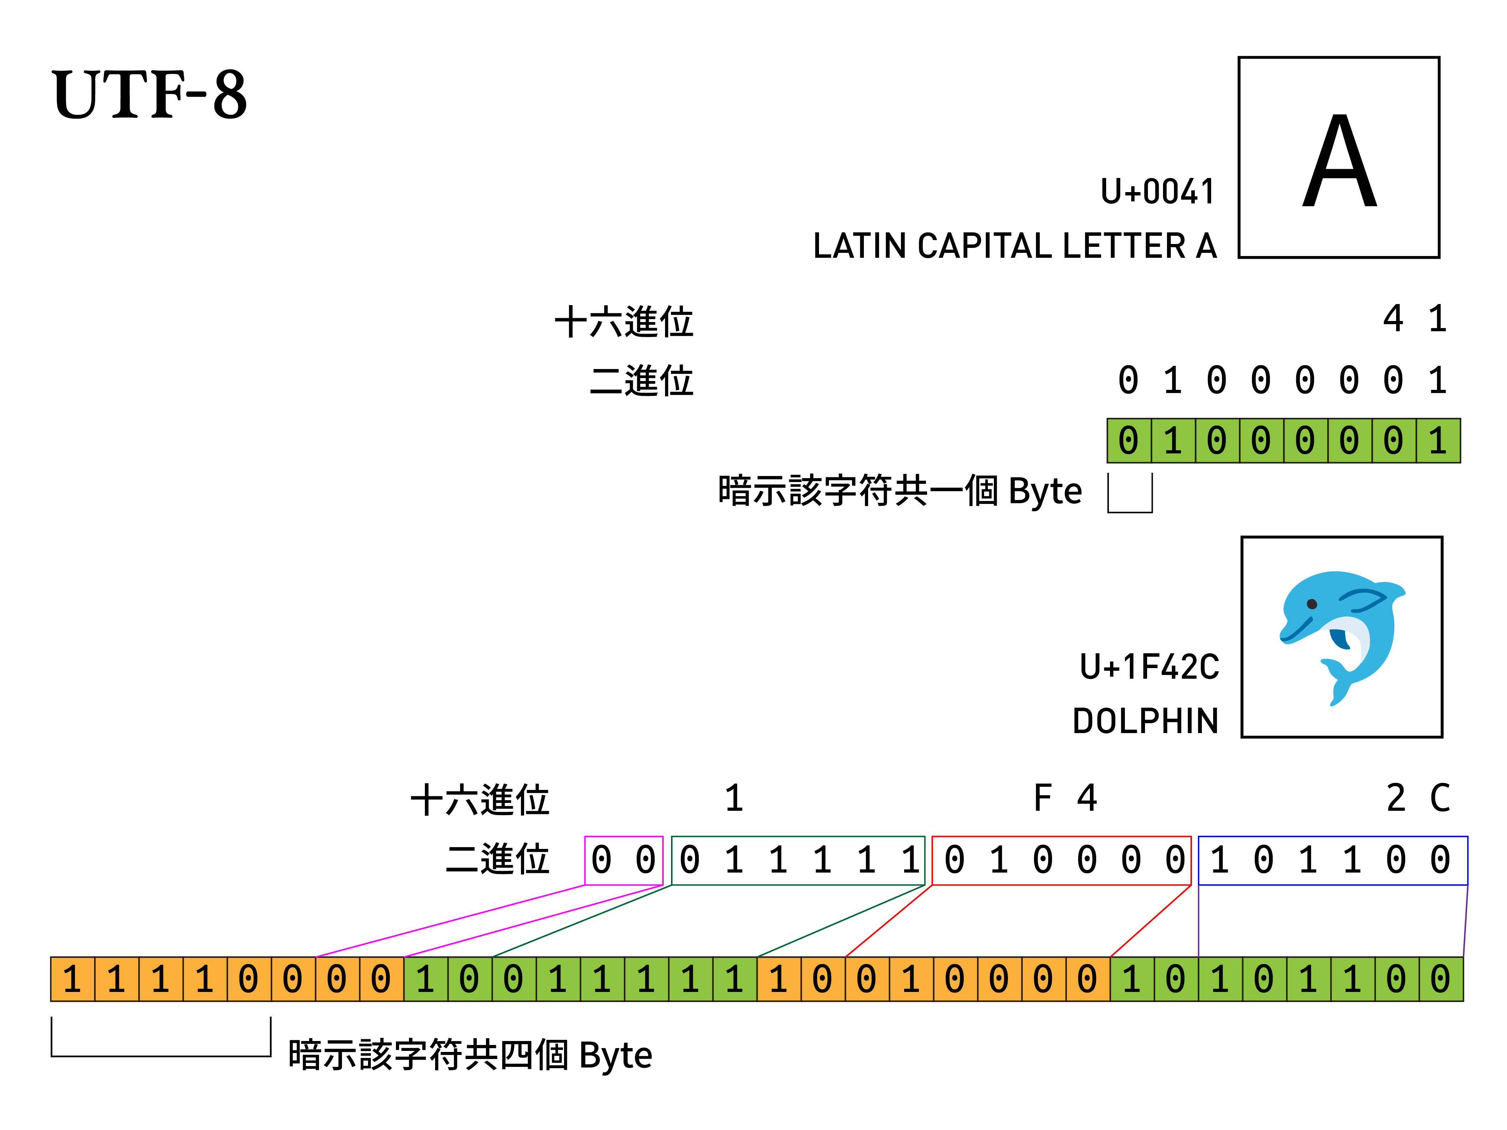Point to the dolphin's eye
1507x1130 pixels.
(x=1311, y=604)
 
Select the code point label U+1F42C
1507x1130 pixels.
(x=1149, y=667)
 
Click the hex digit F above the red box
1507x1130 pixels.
(x=1042, y=798)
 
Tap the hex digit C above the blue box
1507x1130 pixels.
(x=1440, y=798)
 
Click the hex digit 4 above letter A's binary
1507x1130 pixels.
(x=1393, y=319)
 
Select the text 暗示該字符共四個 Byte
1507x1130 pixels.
(x=470, y=1055)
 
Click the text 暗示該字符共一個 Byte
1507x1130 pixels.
(x=899, y=491)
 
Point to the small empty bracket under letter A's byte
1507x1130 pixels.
(x=1129, y=493)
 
